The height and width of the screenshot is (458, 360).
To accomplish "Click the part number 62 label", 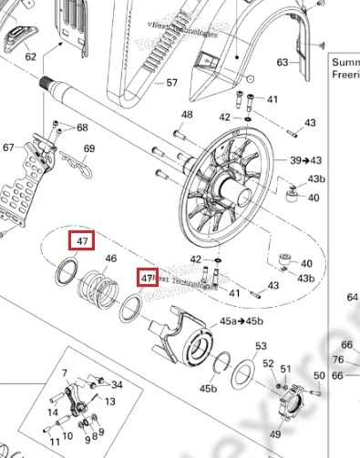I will click(x=30, y=56).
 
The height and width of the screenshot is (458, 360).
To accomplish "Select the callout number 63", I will click(x=283, y=62).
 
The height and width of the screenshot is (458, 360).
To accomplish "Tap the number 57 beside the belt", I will click(x=171, y=83).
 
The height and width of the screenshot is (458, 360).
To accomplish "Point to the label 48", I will click(x=187, y=115).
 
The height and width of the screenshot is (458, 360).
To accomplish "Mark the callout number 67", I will click(x=9, y=148).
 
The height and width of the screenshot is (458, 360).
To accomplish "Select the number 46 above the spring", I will click(x=111, y=260).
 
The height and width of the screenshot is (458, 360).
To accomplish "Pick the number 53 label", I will click(x=261, y=346).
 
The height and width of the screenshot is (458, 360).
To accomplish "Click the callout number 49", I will click(x=274, y=436).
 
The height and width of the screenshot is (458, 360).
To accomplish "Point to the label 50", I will click(x=318, y=375).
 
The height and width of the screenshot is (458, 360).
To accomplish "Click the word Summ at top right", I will click(x=345, y=63).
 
